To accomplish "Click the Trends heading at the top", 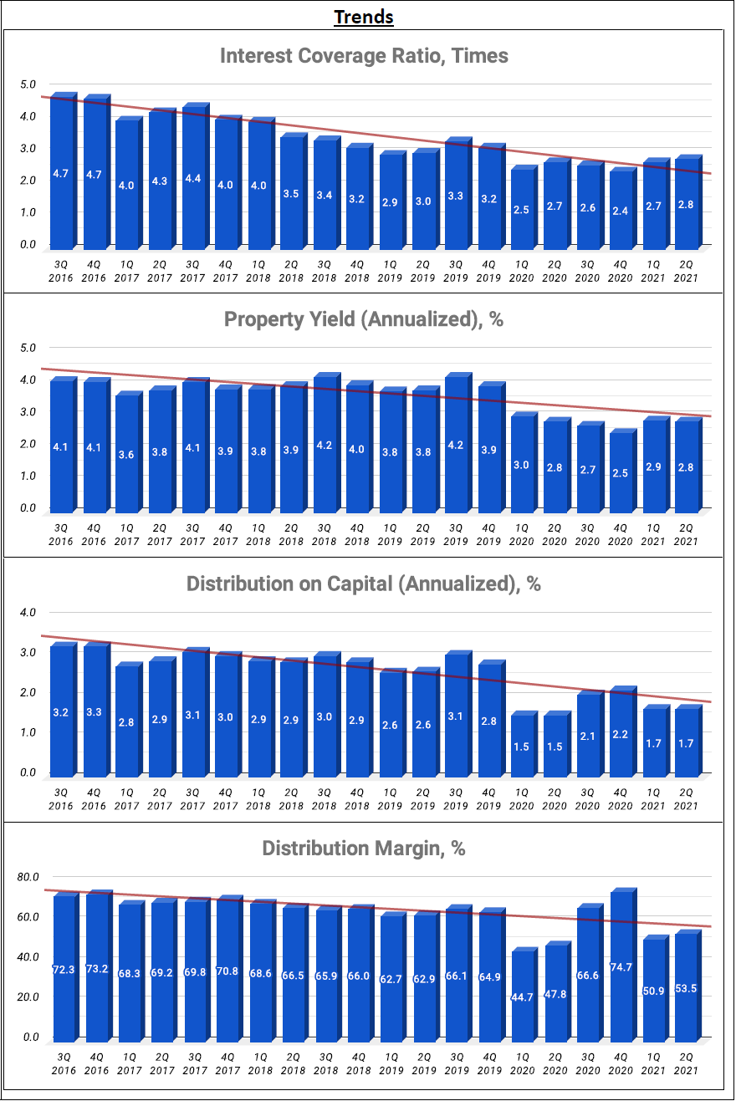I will coord(364,17).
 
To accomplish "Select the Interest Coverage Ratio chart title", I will coord(364,56).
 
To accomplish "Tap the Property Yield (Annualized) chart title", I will coord(364,319).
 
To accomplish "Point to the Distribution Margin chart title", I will coord(364,849).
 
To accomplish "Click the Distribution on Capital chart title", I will coord(364,584).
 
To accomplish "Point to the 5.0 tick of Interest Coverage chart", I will coord(28,84).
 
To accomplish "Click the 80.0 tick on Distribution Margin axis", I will coord(28,877).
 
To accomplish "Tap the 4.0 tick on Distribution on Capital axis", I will coord(28,613).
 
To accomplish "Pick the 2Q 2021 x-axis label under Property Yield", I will coord(687,534).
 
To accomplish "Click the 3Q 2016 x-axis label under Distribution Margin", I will coord(63,1063).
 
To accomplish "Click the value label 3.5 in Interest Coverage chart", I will coord(292,194).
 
